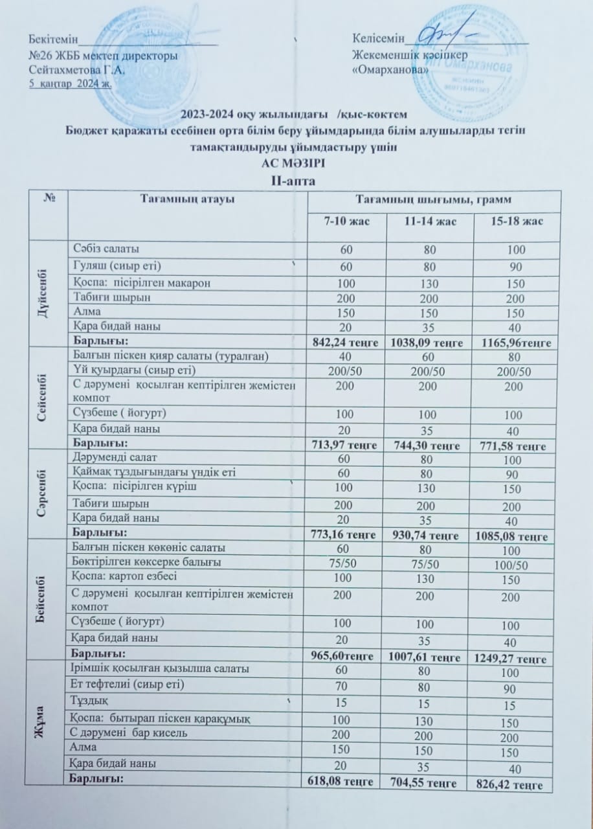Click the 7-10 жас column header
click(x=347, y=222)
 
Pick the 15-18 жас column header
click(x=517, y=223)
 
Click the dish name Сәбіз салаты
click(x=106, y=249)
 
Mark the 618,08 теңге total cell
click(x=337, y=782)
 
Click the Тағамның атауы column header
click(x=188, y=200)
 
